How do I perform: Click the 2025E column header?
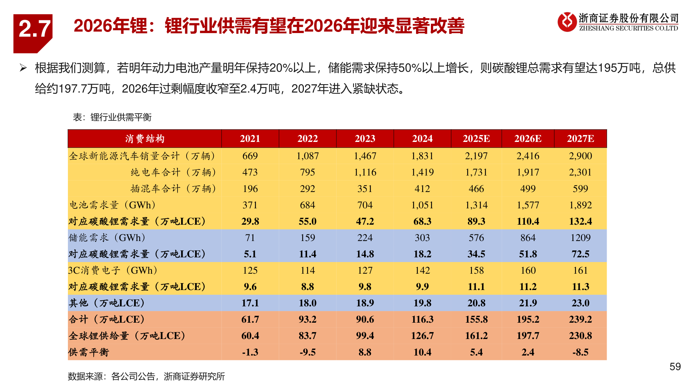pos(476,139)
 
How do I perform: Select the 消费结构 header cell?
pos(144,139)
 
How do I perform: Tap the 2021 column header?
pos(250,139)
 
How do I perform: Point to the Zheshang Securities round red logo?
pos(567,22)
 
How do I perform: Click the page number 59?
pos(675,367)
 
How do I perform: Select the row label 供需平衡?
pos(89,352)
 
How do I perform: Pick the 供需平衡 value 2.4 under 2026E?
pos(527,352)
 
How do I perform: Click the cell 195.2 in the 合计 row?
pos(527,319)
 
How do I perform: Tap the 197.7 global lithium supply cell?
pos(527,336)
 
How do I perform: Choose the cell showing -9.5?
pos(307,352)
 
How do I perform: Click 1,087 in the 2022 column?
pos(307,156)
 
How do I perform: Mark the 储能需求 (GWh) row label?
pos(107,238)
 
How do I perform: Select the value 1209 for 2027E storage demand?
pos(580,238)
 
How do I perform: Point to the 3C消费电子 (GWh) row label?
pos(113,270)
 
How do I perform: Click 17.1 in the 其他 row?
pos(250,303)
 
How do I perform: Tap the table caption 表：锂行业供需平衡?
pos(112,117)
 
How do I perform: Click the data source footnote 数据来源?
pos(146,376)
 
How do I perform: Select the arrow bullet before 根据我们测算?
pos(23,68)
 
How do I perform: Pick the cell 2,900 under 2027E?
pos(580,156)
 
